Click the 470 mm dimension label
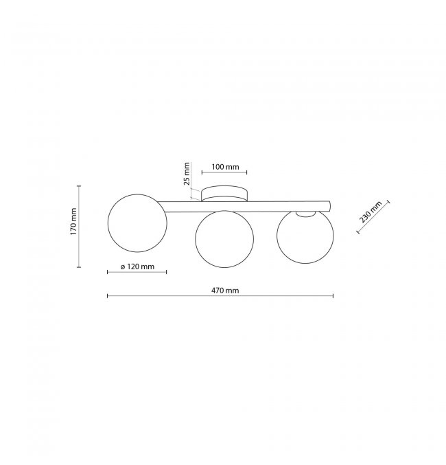pyautogui.click(x=225, y=291)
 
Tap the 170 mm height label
pyautogui.click(x=73, y=222)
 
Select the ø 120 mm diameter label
pyautogui.click(x=137, y=266)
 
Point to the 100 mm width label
pyautogui.click(x=225, y=167)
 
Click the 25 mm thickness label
pyautogui.click(x=187, y=174)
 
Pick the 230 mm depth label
pyautogui.click(x=371, y=212)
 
